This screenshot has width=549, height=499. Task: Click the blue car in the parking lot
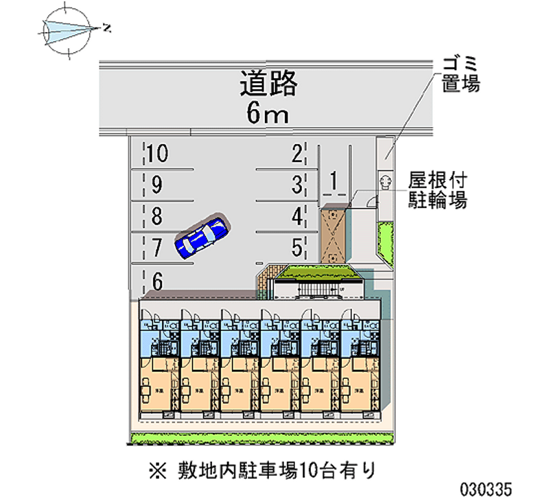(201, 237)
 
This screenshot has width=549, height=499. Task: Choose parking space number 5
(296, 246)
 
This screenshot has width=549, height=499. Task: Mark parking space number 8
(156, 218)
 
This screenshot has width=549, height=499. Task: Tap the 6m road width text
(268, 114)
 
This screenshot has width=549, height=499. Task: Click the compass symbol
(67, 29)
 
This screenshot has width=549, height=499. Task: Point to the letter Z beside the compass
(106, 28)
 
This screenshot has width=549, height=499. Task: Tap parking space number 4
(296, 217)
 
